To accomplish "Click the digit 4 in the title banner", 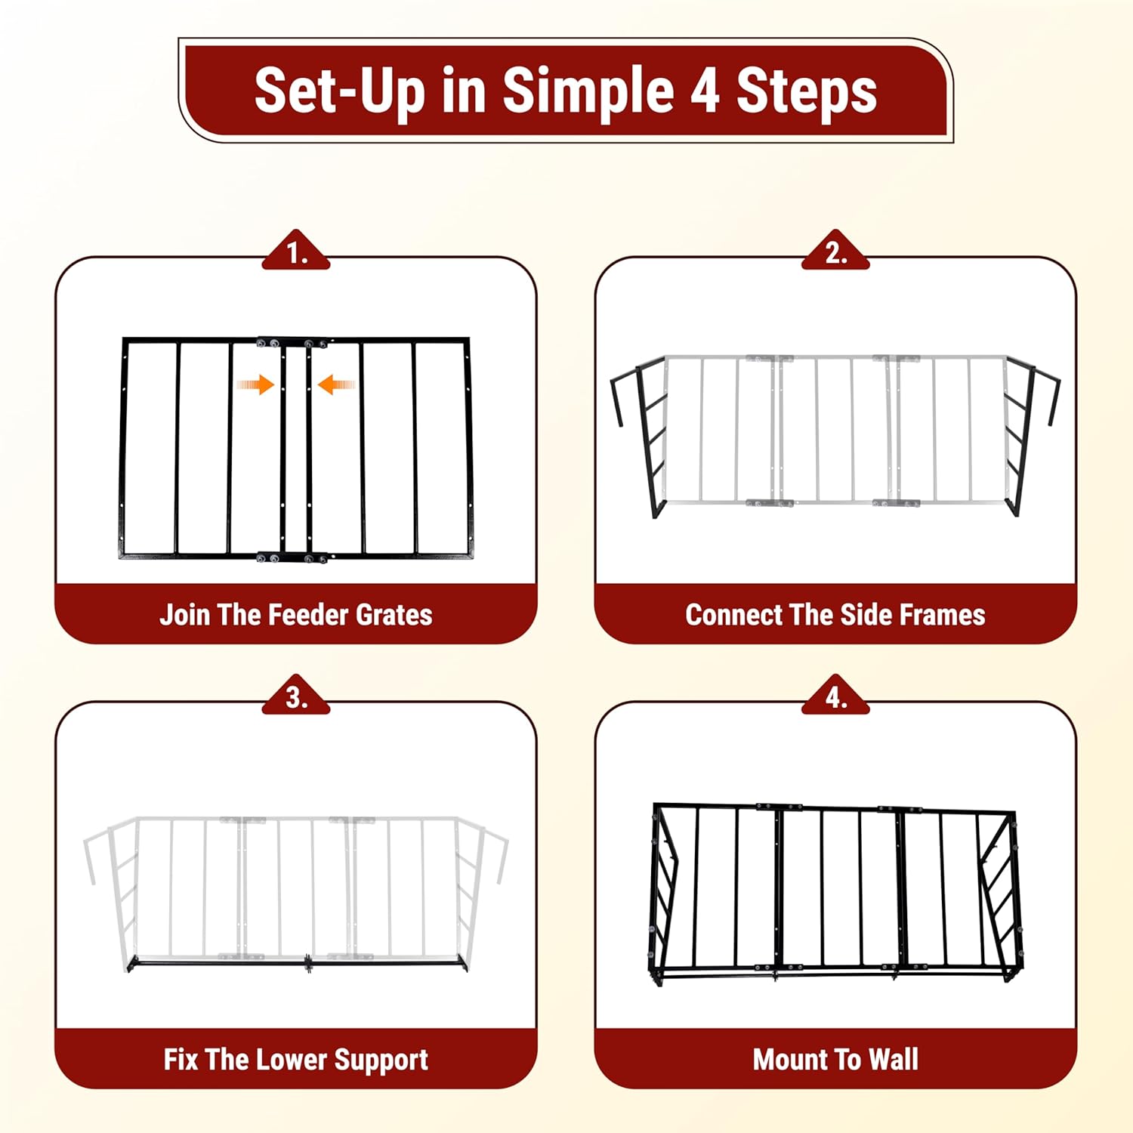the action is pyautogui.click(x=704, y=91).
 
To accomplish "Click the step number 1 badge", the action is pyautogui.click(x=296, y=251).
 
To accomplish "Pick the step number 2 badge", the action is pyautogui.click(x=835, y=251).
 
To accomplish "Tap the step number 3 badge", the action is pyautogui.click(x=296, y=696).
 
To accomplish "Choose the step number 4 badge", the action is pyautogui.click(x=835, y=696).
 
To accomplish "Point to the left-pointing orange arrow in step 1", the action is pyautogui.click(x=336, y=385).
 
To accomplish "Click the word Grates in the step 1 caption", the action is pyautogui.click(x=394, y=615).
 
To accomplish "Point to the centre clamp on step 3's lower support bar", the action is pyautogui.click(x=309, y=963).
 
